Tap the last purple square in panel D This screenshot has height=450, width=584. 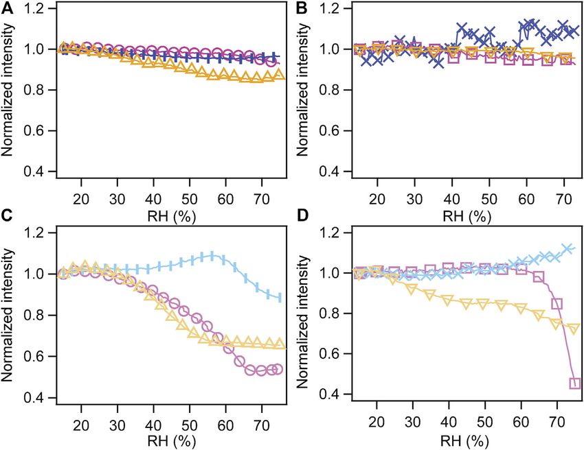coord(575,383)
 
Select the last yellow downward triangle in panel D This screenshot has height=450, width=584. coord(575,329)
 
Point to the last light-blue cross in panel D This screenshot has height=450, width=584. coord(568,248)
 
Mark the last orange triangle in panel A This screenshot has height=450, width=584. coord(278,75)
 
